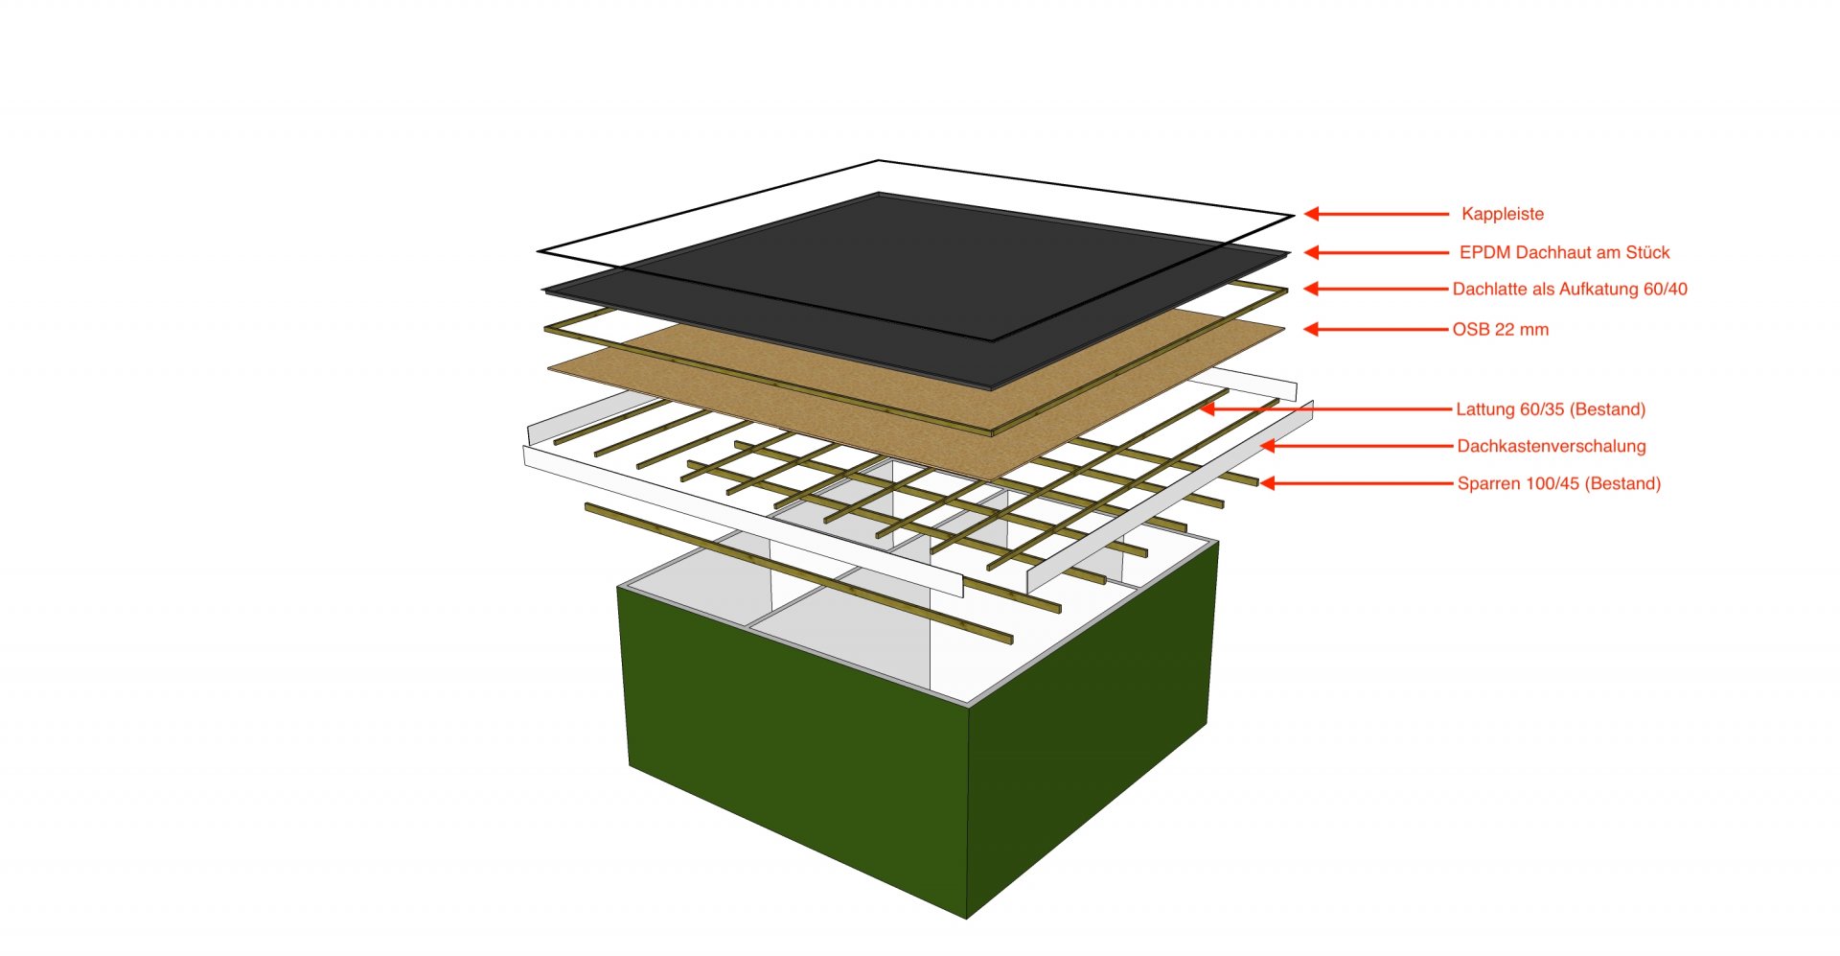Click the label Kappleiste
[1502, 214]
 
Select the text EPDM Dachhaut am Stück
[1564, 252]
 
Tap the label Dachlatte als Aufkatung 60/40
[1569, 289]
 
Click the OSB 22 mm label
[1500, 329]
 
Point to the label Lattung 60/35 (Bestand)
[1550, 409]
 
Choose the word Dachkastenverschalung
[1551, 446]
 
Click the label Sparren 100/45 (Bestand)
[1558, 483]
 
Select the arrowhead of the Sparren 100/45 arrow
[1267, 483]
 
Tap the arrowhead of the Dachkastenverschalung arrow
[1267, 446]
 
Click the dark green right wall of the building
[1092, 729]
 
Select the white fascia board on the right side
[1169, 499]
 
